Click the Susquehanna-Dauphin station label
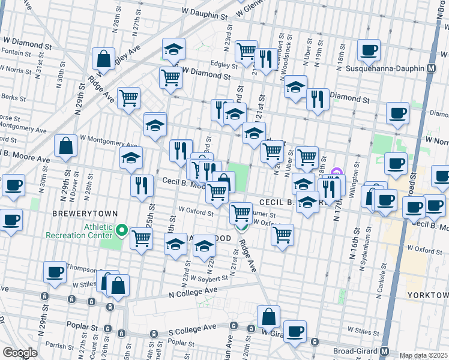[386, 68]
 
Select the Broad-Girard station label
[355, 351]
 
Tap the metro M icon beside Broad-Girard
[384, 351]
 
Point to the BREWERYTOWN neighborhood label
[80, 213]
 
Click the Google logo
[20, 353]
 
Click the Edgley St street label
[223, 65]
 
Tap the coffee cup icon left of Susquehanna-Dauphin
[369, 50]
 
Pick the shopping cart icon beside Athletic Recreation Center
[141, 238]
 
